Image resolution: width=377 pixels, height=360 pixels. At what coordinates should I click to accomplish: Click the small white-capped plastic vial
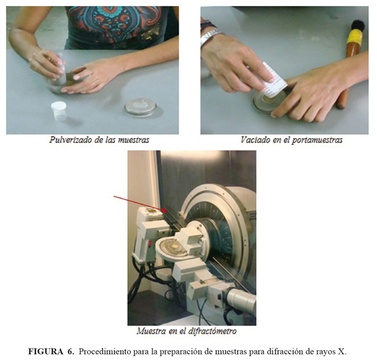tap(59, 111)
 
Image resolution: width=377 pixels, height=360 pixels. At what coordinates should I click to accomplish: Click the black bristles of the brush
tap(358, 26)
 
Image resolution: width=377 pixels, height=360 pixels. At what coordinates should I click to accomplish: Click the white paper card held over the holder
tap(274, 80)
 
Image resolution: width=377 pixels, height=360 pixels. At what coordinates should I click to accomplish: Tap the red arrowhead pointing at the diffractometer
tap(165, 210)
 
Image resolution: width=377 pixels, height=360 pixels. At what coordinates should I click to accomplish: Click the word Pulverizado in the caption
tap(70, 140)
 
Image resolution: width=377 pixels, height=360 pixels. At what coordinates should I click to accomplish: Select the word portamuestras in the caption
tap(317, 140)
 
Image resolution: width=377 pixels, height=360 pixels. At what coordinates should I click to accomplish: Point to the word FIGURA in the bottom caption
tap(46, 351)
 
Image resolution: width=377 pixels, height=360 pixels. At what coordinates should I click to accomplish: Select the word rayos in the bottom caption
tap(326, 352)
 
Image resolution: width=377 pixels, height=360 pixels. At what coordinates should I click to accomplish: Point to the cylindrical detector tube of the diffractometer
tap(241, 299)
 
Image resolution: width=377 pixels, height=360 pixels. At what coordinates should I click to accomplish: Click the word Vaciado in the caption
tap(255, 140)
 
